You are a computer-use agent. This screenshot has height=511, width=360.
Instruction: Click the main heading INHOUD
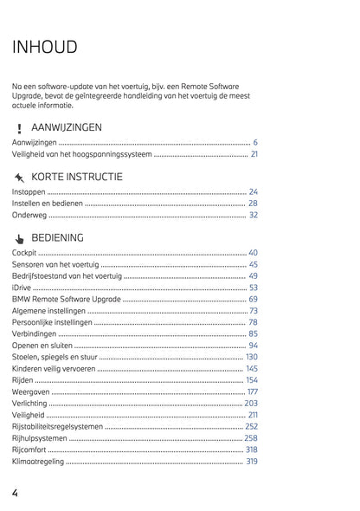pos(44,47)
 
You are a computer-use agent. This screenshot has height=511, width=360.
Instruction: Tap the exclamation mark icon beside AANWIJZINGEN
pos(19,128)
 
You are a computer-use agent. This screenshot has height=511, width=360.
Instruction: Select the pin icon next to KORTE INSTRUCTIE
pos(19,178)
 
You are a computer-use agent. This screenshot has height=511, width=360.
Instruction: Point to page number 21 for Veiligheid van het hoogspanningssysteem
pos(254,153)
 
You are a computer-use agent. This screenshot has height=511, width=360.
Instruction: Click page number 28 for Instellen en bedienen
pos(254,203)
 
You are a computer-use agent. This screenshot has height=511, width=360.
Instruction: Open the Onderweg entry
pos(29,215)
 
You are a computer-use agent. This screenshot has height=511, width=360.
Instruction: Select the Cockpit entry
pos(25,252)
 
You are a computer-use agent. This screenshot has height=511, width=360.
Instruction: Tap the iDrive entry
pos(21,287)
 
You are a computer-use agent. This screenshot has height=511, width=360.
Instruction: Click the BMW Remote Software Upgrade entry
pos(67,299)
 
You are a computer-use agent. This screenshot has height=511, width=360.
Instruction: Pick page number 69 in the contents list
pos(254,299)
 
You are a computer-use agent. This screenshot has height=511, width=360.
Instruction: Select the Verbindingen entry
pos(35,333)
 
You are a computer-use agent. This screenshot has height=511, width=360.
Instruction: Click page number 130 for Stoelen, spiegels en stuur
pos(252,357)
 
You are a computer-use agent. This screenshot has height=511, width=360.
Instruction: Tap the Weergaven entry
pos(31,391)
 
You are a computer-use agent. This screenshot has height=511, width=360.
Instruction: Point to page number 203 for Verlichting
pos(251,403)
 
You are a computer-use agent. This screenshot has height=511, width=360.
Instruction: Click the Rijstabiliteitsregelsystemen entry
pos(57,426)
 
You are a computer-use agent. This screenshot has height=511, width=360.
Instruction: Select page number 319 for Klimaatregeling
pos(252,461)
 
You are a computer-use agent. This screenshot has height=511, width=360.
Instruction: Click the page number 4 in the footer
pos(16,493)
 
